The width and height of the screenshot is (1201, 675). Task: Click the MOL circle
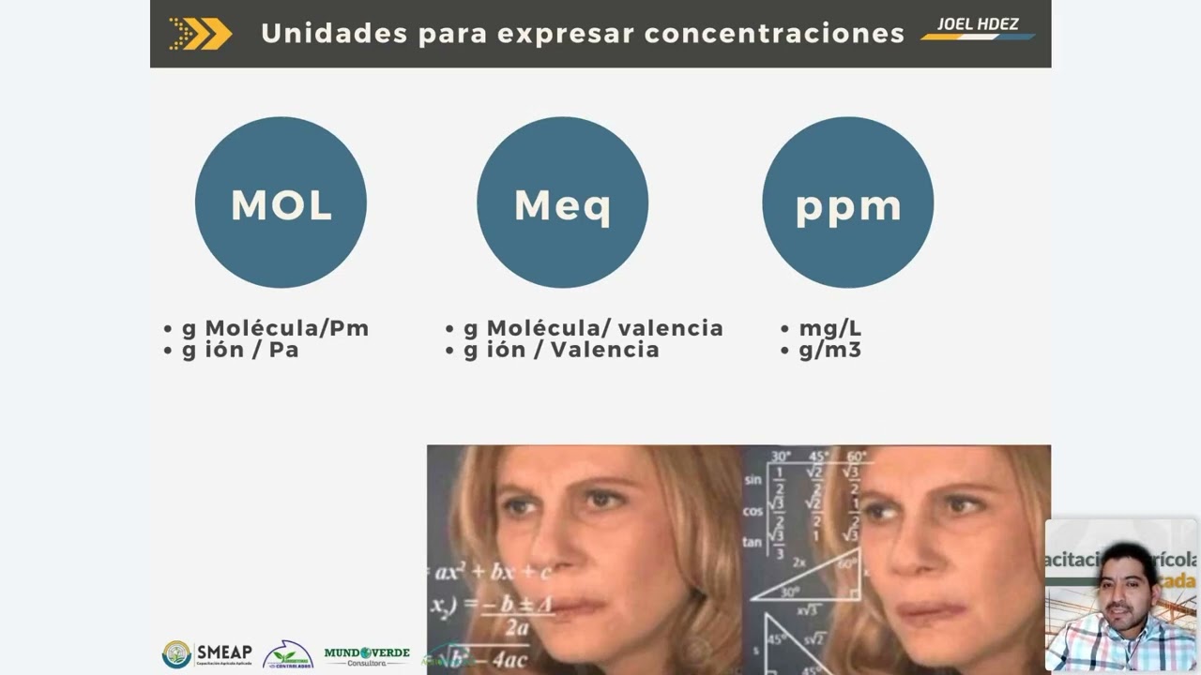[x=281, y=202]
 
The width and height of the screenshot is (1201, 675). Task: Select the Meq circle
[x=562, y=202]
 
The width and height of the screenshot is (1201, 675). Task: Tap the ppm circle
[x=847, y=202]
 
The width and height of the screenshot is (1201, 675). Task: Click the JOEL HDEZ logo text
[x=978, y=24]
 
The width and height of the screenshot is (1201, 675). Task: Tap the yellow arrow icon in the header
[x=201, y=34]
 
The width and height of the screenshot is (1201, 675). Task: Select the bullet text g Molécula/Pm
[x=275, y=328]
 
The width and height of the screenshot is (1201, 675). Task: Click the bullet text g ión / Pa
[x=240, y=350]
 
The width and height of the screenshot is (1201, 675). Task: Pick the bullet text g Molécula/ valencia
[x=593, y=328]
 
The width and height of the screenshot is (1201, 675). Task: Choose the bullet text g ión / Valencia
[x=561, y=350]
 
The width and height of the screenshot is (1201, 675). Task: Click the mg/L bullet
[x=829, y=328]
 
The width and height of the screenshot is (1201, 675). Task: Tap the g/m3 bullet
[x=829, y=350]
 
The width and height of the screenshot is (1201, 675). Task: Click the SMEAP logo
[x=207, y=653]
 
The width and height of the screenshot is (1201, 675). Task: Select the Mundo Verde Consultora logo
[x=367, y=655]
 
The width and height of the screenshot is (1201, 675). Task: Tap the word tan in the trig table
[x=752, y=542]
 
